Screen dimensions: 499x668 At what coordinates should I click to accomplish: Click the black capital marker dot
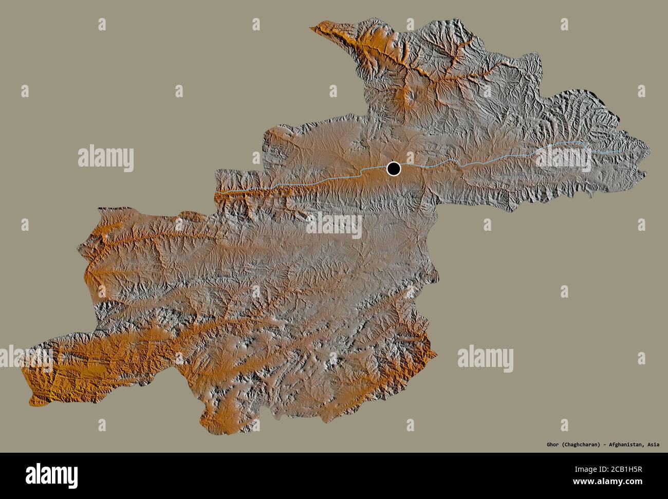tap(394, 168)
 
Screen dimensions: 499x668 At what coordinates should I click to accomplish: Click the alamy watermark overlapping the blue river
tap(565, 156)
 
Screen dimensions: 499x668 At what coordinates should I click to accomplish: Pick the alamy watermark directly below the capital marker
tap(334, 226)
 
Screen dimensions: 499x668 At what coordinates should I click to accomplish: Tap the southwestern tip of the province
tap(31, 398)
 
